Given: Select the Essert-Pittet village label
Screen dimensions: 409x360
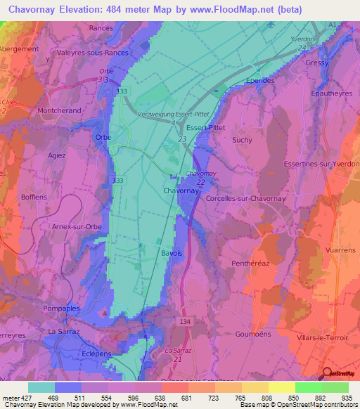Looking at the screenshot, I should (x=206, y=127).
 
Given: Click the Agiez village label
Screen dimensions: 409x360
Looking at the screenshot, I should (x=56, y=155).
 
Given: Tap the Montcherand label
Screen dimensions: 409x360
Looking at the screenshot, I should (x=60, y=111).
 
